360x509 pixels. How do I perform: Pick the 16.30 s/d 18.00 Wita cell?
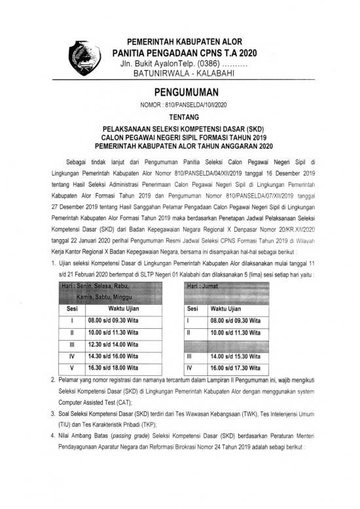click(113, 368)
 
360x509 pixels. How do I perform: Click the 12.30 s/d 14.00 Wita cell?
click(113, 345)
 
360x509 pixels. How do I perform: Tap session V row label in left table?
click(69, 368)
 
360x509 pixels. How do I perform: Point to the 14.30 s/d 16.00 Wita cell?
click(113, 356)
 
